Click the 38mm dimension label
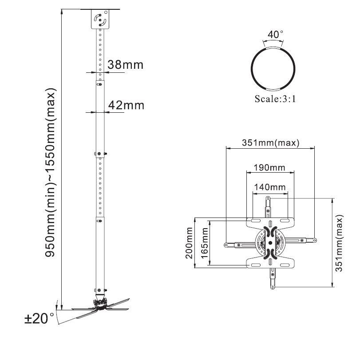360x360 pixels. (125, 65)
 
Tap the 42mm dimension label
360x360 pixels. (127, 105)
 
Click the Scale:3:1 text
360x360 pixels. (275, 99)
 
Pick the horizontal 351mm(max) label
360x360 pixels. (270, 143)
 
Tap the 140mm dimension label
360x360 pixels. (269, 187)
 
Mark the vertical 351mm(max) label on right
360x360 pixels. (340, 243)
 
